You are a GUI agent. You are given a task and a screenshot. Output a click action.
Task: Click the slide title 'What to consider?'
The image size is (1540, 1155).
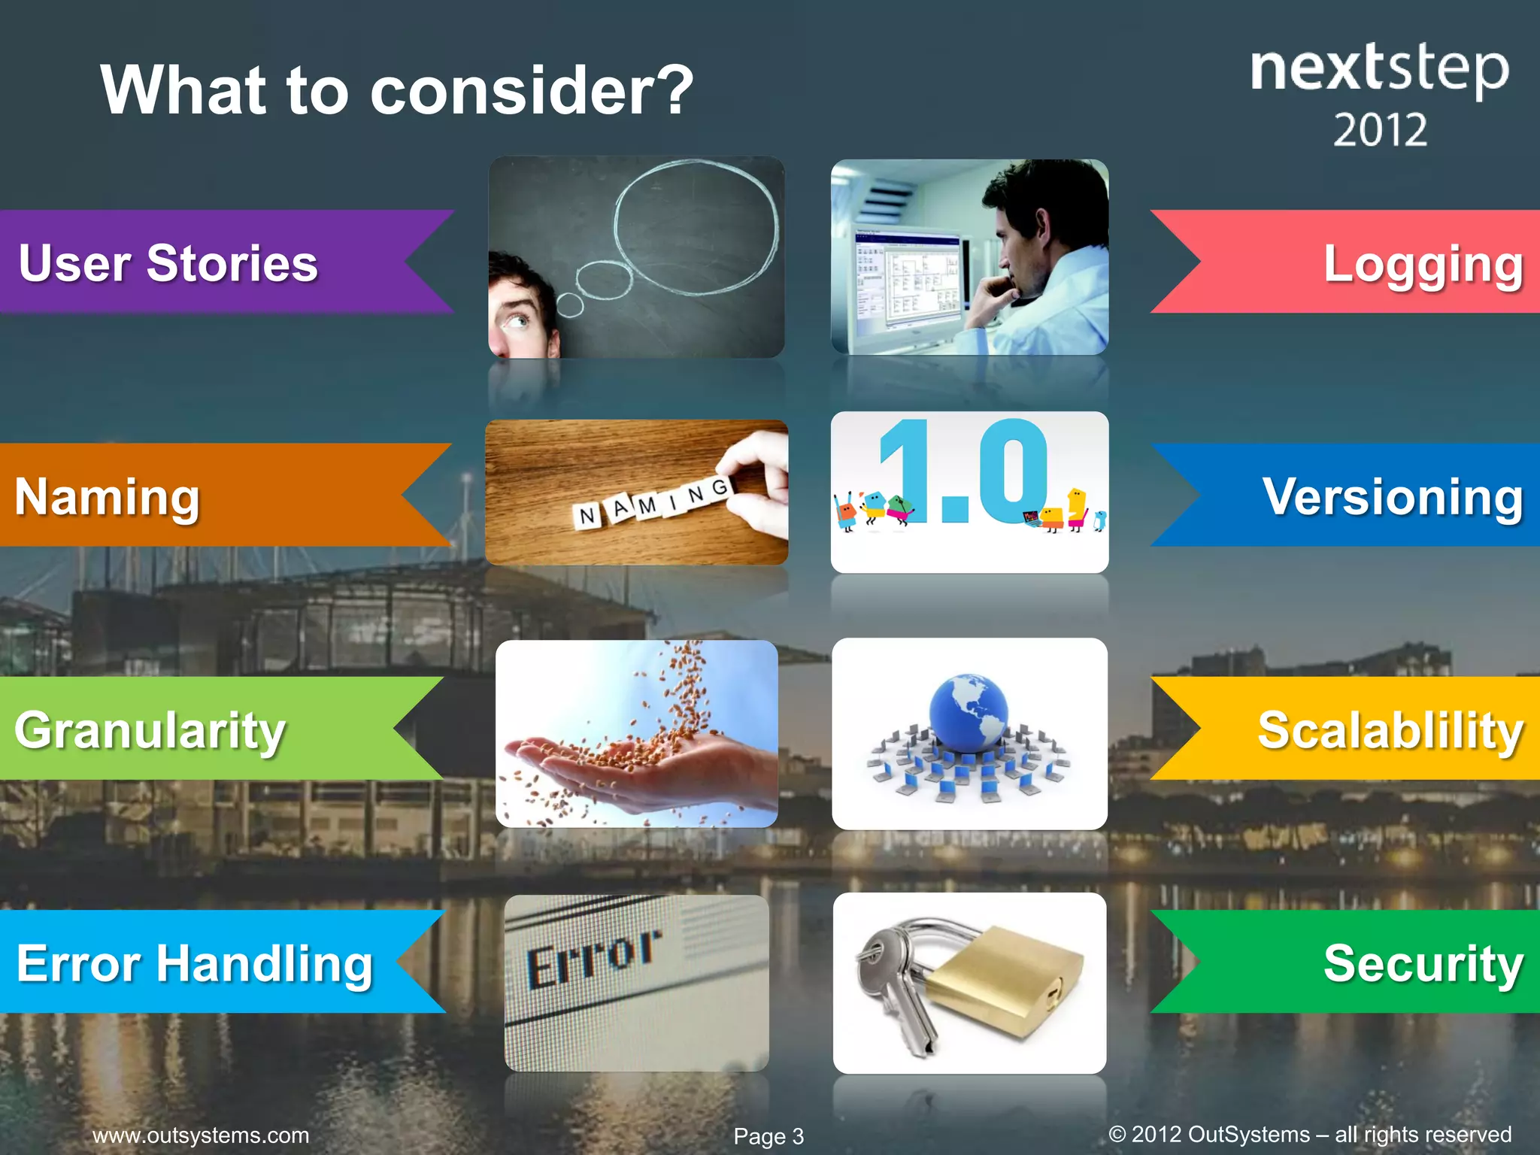pos(397,90)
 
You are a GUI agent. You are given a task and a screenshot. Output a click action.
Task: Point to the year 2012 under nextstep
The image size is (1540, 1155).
pos(1380,130)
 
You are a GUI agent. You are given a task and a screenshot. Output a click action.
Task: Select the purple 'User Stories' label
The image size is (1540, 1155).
pos(168,263)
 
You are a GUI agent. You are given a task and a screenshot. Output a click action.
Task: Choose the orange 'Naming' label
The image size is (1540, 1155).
pos(108,496)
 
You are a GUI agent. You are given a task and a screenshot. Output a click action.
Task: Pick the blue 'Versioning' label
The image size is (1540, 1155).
pos(1393,496)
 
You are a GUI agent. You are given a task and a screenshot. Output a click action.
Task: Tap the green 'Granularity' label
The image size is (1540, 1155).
pos(150,729)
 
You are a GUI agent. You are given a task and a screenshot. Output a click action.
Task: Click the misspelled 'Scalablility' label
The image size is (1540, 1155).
pos(1390,729)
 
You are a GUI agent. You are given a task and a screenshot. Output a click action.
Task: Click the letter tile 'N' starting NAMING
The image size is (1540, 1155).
pos(587,516)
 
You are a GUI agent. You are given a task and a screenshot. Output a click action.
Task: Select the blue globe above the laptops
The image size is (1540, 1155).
pos(968,711)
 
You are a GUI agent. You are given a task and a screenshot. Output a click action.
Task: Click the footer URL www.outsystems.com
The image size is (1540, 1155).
pos(201,1135)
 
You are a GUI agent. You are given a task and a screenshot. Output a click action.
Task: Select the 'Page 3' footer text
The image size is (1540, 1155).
pos(768,1136)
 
